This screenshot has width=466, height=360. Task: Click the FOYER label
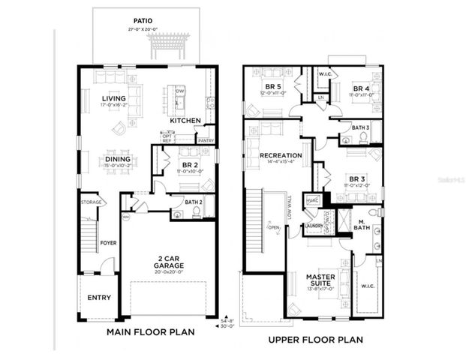[x=110, y=243]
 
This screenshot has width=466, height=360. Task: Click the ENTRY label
[x=99, y=298]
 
